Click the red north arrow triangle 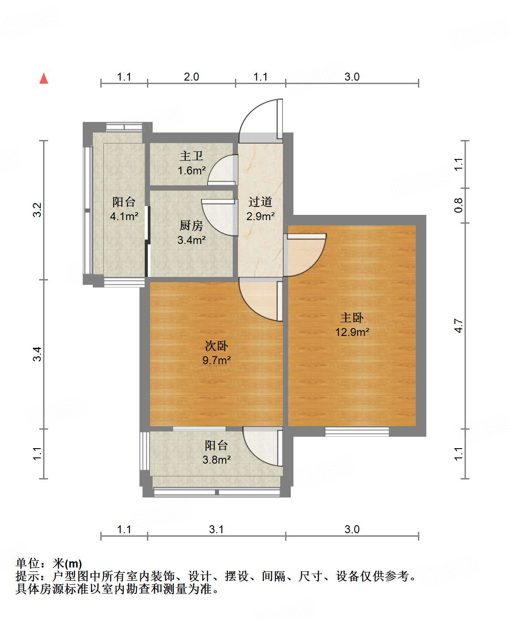44,78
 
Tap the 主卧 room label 352,317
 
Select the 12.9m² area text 352,332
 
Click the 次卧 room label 216,346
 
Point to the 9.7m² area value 216,360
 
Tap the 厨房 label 191,225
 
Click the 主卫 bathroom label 191,156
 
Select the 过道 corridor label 260,202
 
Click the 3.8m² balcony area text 216,460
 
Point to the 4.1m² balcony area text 124,216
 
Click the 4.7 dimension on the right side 459,326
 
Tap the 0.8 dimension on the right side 459,205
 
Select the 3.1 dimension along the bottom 216,529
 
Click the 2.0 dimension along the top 191,77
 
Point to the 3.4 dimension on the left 38,354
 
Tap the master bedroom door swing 306,254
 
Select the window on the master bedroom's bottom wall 357,431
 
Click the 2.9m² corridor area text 260,216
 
